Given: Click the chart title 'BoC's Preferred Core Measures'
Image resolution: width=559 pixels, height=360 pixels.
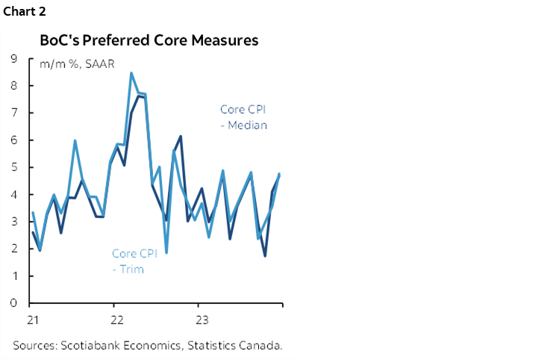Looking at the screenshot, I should click(x=149, y=40).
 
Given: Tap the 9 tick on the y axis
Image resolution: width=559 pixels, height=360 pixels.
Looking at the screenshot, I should click(x=14, y=58).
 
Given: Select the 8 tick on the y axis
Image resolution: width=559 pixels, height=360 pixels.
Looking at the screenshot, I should click(x=14, y=86).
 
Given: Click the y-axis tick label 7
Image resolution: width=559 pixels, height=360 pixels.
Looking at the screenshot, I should click(x=14, y=113).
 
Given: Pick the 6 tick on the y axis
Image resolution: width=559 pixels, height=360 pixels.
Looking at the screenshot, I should click(x=14, y=140).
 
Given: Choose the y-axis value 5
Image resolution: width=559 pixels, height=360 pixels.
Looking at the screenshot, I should click(x=14, y=167).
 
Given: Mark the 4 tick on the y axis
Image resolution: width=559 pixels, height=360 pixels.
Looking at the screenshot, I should click(x=14, y=195).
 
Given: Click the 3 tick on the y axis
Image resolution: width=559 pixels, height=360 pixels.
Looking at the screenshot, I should click(x=14, y=222).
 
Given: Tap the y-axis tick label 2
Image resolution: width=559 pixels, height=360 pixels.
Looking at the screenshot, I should click(x=14, y=249).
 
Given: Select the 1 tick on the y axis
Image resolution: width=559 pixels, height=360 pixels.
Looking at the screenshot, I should click(x=14, y=276).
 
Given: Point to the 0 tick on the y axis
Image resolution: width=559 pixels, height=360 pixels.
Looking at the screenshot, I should click(x=14, y=303).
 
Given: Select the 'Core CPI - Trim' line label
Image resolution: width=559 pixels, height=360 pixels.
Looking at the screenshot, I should click(x=134, y=261).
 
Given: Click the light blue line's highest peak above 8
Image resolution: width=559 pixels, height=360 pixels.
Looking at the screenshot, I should click(x=131, y=73).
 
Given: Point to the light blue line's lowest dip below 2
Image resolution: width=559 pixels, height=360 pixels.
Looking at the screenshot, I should click(x=166, y=252).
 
